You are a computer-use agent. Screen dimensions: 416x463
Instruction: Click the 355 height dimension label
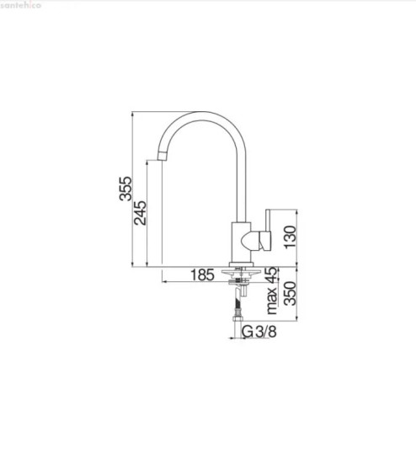[x=125, y=189]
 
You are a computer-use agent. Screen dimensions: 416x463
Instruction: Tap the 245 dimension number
[x=140, y=213]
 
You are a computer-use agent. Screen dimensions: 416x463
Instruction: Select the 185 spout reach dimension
[x=202, y=275]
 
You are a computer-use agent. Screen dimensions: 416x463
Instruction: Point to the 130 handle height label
[x=290, y=237]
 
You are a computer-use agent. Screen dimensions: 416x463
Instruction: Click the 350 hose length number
[x=290, y=293]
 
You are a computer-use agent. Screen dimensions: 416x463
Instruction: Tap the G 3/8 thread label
[x=259, y=332]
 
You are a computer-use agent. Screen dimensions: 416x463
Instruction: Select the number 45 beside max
[x=272, y=275]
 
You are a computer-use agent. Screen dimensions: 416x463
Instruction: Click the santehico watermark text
[x=21, y=5]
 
